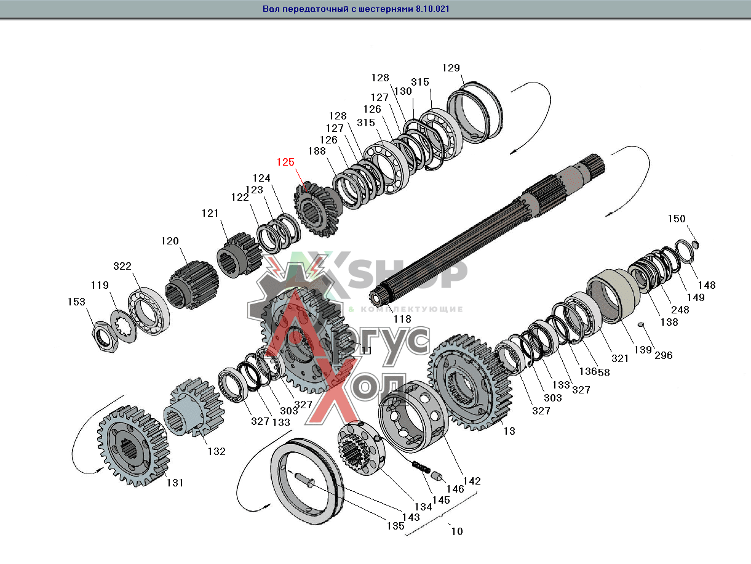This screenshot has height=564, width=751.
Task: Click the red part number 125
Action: click(x=285, y=162)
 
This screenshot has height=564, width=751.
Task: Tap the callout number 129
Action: click(x=451, y=68)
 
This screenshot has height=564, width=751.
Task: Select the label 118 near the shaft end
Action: click(x=402, y=319)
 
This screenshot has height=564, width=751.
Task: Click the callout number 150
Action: click(x=677, y=219)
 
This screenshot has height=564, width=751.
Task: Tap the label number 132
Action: click(x=216, y=451)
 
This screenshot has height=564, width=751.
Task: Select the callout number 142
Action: click(x=472, y=481)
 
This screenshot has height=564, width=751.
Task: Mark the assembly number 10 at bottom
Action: click(x=456, y=531)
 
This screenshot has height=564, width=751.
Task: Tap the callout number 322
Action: click(x=122, y=266)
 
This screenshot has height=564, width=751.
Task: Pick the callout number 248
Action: click(x=680, y=310)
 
